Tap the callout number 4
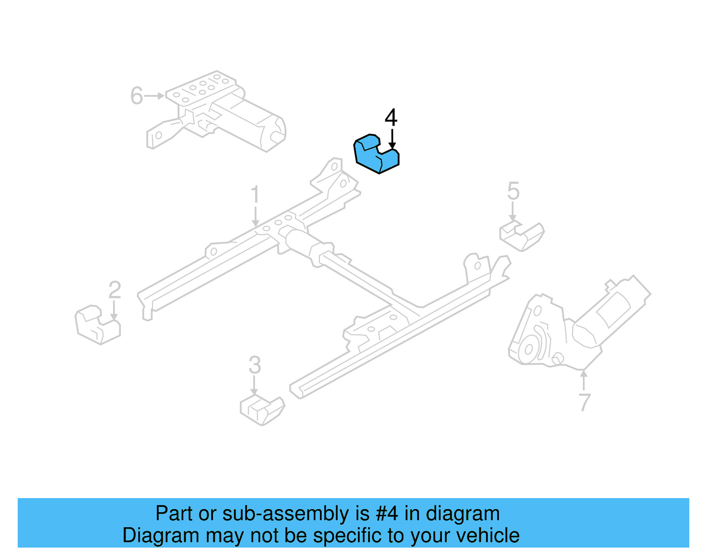391,118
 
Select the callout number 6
137,96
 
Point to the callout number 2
115,290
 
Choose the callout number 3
255,365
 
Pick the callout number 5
513,191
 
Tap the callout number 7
584,402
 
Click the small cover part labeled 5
522,236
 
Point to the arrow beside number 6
155,96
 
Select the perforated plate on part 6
201,88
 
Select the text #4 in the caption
387,514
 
